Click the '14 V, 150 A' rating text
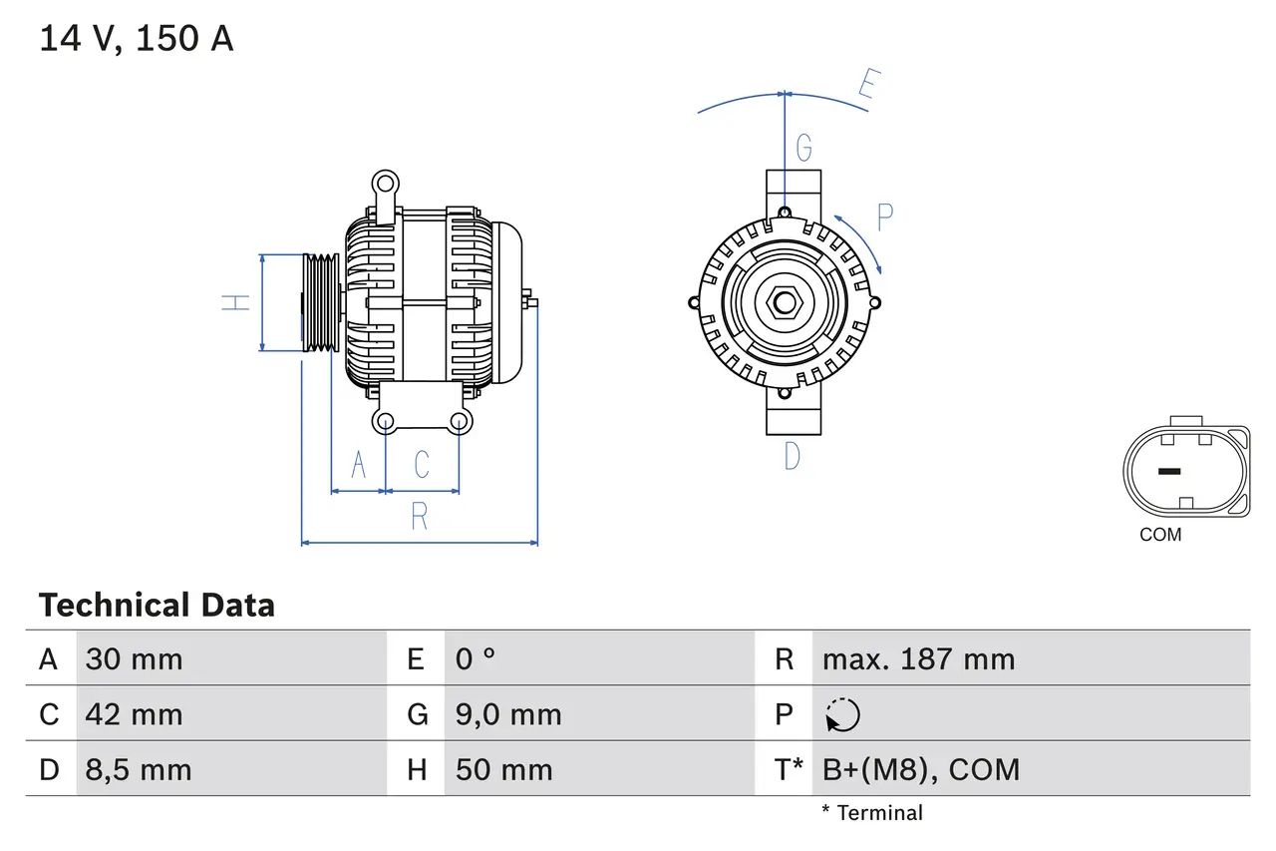click(x=136, y=38)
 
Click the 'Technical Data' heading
click(x=157, y=605)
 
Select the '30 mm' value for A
click(x=134, y=658)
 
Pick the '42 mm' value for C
click(x=134, y=714)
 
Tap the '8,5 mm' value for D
click(x=138, y=769)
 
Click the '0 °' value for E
click(x=476, y=658)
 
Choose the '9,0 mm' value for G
click(x=508, y=714)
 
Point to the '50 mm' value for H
click(x=503, y=769)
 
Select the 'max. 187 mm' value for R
click(x=918, y=658)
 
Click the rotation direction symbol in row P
click(x=842, y=714)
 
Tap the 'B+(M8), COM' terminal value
click(x=921, y=769)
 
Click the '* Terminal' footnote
click(x=872, y=813)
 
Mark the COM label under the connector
click(x=1160, y=535)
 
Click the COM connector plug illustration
click(x=1185, y=471)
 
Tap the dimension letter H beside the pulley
click(x=236, y=301)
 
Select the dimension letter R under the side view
click(x=420, y=517)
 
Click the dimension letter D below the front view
click(x=792, y=456)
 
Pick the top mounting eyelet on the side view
click(x=384, y=184)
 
